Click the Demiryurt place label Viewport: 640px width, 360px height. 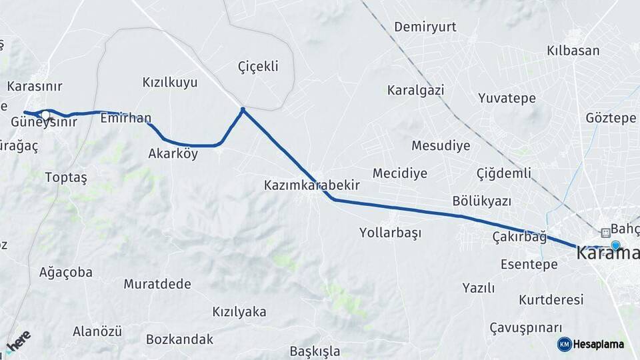pyautogui.click(x=425, y=27)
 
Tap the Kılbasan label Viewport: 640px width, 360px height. pyautogui.click(x=573, y=51)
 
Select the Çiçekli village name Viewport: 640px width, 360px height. pyautogui.click(x=257, y=66)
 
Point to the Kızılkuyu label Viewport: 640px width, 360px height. pyautogui.click(x=170, y=83)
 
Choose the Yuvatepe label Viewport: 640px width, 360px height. pyautogui.click(x=507, y=98)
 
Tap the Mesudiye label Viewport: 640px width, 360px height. pyautogui.click(x=441, y=145)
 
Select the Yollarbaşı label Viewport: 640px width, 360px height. pyautogui.click(x=390, y=233)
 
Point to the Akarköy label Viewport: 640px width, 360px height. pyautogui.click(x=173, y=153)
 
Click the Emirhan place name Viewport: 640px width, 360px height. pyautogui.click(x=125, y=119)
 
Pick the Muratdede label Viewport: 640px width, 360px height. pyautogui.click(x=157, y=284)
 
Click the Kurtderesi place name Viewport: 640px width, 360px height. pyautogui.click(x=551, y=299)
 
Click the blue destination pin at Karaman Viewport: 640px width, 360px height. pyautogui.click(x=615, y=245)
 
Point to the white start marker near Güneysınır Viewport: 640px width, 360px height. pyautogui.click(x=44, y=114)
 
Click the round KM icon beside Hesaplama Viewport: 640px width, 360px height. pyautogui.click(x=564, y=344)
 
